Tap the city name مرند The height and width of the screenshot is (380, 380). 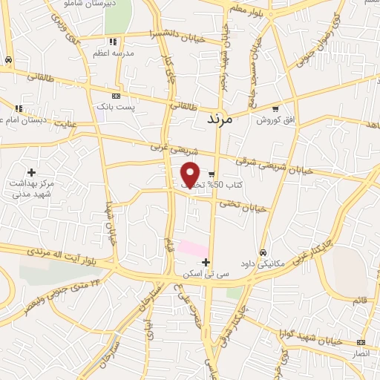(x=217, y=119)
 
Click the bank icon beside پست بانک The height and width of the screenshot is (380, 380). (x=115, y=96)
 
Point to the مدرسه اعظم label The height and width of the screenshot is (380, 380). (x=113, y=53)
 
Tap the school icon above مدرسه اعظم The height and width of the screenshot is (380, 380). (x=113, y=42)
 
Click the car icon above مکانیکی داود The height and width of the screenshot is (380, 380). (x=263, y=252)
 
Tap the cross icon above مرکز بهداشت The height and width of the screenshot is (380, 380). (x=31, y=172)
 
